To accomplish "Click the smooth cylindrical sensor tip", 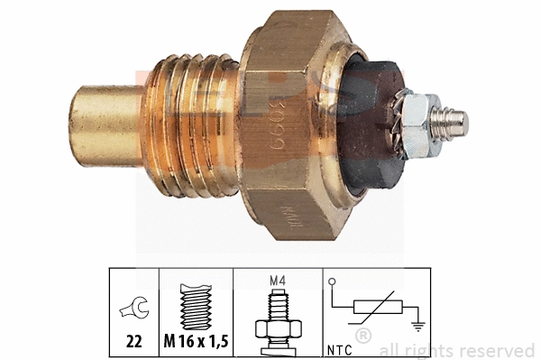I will pyautogui.click(x=104, y=126).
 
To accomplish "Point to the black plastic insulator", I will pyautogui.click(x=370, y=126).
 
